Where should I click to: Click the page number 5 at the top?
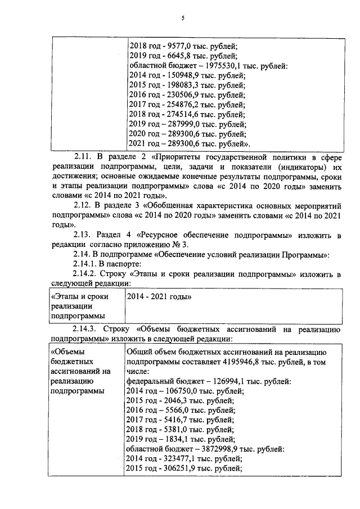pos(183,18)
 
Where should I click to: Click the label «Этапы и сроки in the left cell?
pos(79,296)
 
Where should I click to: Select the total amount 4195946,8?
pos(242,363)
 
